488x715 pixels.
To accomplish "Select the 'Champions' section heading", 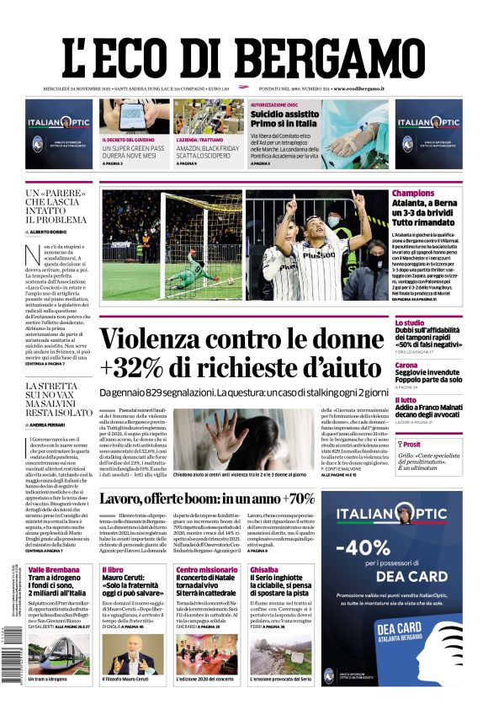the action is click(x=413, y=194).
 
